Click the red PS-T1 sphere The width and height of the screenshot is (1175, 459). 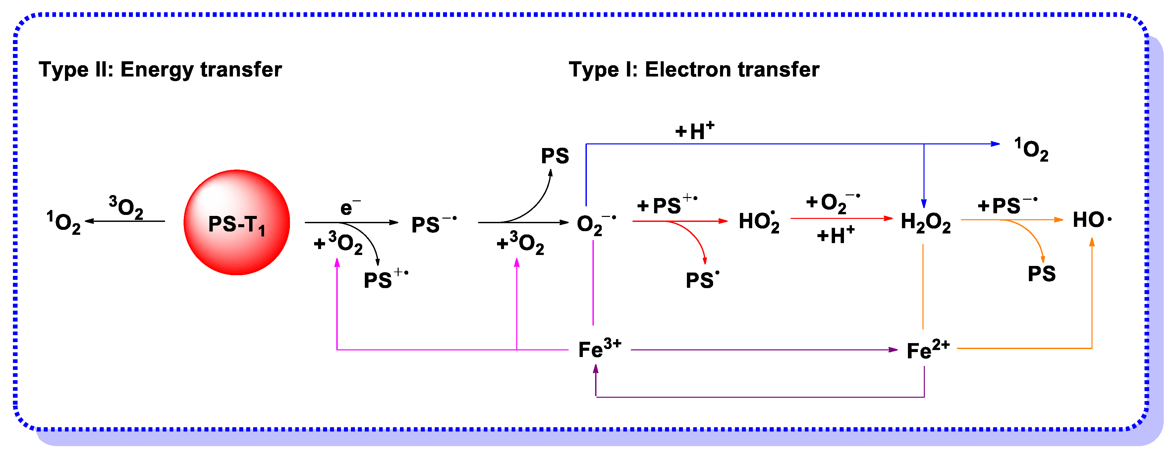point(236,223)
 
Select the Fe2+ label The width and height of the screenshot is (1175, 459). point(928,350)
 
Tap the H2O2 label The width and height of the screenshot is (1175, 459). point(925,223)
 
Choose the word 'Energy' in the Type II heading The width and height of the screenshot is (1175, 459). point(157,70)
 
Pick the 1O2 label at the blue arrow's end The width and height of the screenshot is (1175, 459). point(1031,149)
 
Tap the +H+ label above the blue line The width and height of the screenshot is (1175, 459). point(694,131)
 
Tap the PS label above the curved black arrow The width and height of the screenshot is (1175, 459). point(555,156)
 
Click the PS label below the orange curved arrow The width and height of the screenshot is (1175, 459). point(1041,274)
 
